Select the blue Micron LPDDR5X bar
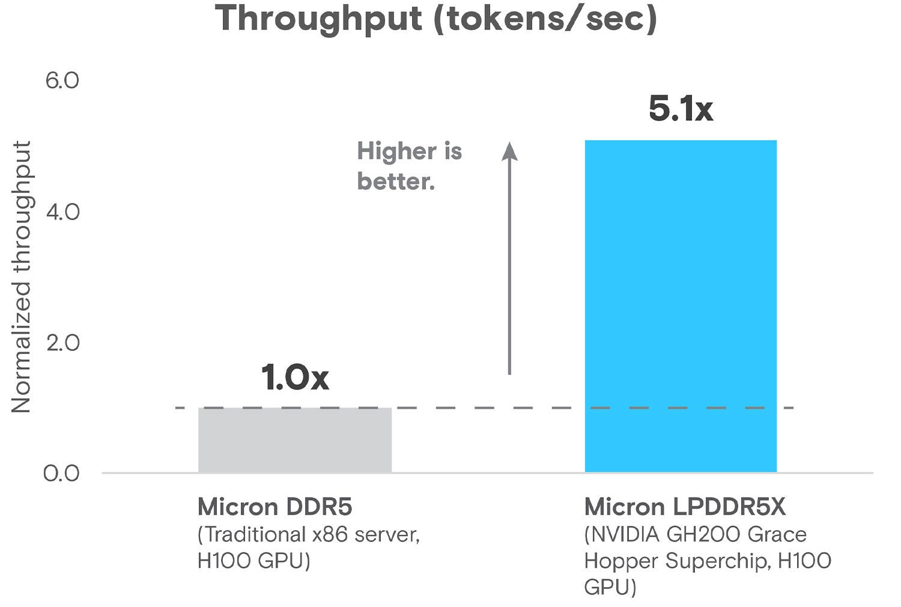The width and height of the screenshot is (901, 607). click(681, 307)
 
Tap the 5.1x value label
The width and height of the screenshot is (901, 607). click(681, 109)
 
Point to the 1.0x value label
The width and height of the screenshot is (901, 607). click(295, 377)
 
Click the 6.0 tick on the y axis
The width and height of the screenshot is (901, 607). click(62, 81)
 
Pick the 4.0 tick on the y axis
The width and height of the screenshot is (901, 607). click(62, 212)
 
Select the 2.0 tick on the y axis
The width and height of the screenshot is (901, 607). click(62, 343)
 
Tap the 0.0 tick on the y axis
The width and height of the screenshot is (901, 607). click(61, 473)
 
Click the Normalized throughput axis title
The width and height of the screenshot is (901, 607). click(22, 276)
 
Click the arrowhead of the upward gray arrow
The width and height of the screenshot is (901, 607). click(509, 151)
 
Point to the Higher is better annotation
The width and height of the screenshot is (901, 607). click(409, 166)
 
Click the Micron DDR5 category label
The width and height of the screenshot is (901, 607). click(275, 507)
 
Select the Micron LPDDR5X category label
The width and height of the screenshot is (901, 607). click(685, 507)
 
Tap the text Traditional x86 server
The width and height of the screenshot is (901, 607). click(308, 534)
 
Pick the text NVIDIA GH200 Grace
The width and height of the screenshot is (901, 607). click(695, 534)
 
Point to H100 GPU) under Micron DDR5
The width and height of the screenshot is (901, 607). click(253, 561)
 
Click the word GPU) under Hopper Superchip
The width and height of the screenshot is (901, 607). click(610, 587)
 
